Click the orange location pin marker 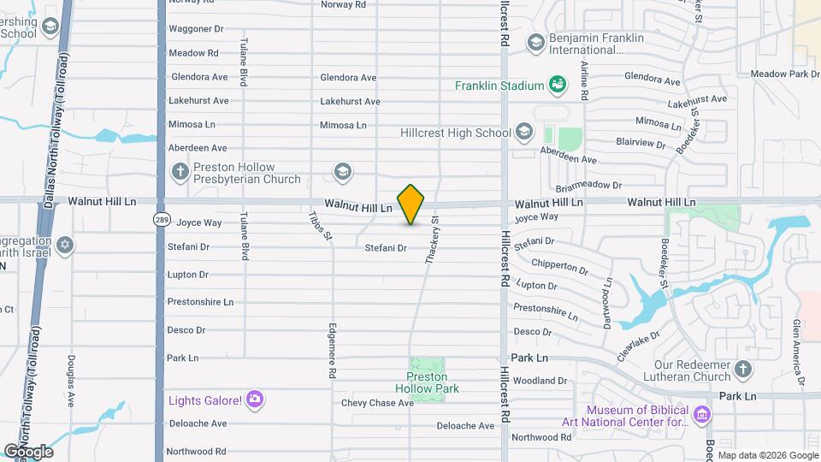pyautogui.click(x=411, y=204)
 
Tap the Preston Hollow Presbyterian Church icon pyautogui.click(x=180, y=170)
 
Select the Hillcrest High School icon pyautogui.click(x=523, y=133)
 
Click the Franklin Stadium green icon pyautogui.click(x=558, y=85)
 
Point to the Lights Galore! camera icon pyautogui.click(x=254, y=400)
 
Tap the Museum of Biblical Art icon pyautogui.click(x=702, y=415)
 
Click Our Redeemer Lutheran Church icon pyautogui.click(x=743, y=370)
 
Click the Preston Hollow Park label pyautogui.click(x=433, y=382)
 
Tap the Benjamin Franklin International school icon pyautogui.click(x=536, y=41)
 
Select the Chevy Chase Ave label pyautogui.click(x=377, y=402)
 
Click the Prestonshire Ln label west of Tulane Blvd pyautogui.click(x=200, y=302)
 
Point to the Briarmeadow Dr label pyautogui.click(x=587, y=185)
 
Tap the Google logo pyautogui.click(x=28, y=451)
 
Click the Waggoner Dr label pyautogui.click(x=196, y=28)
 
